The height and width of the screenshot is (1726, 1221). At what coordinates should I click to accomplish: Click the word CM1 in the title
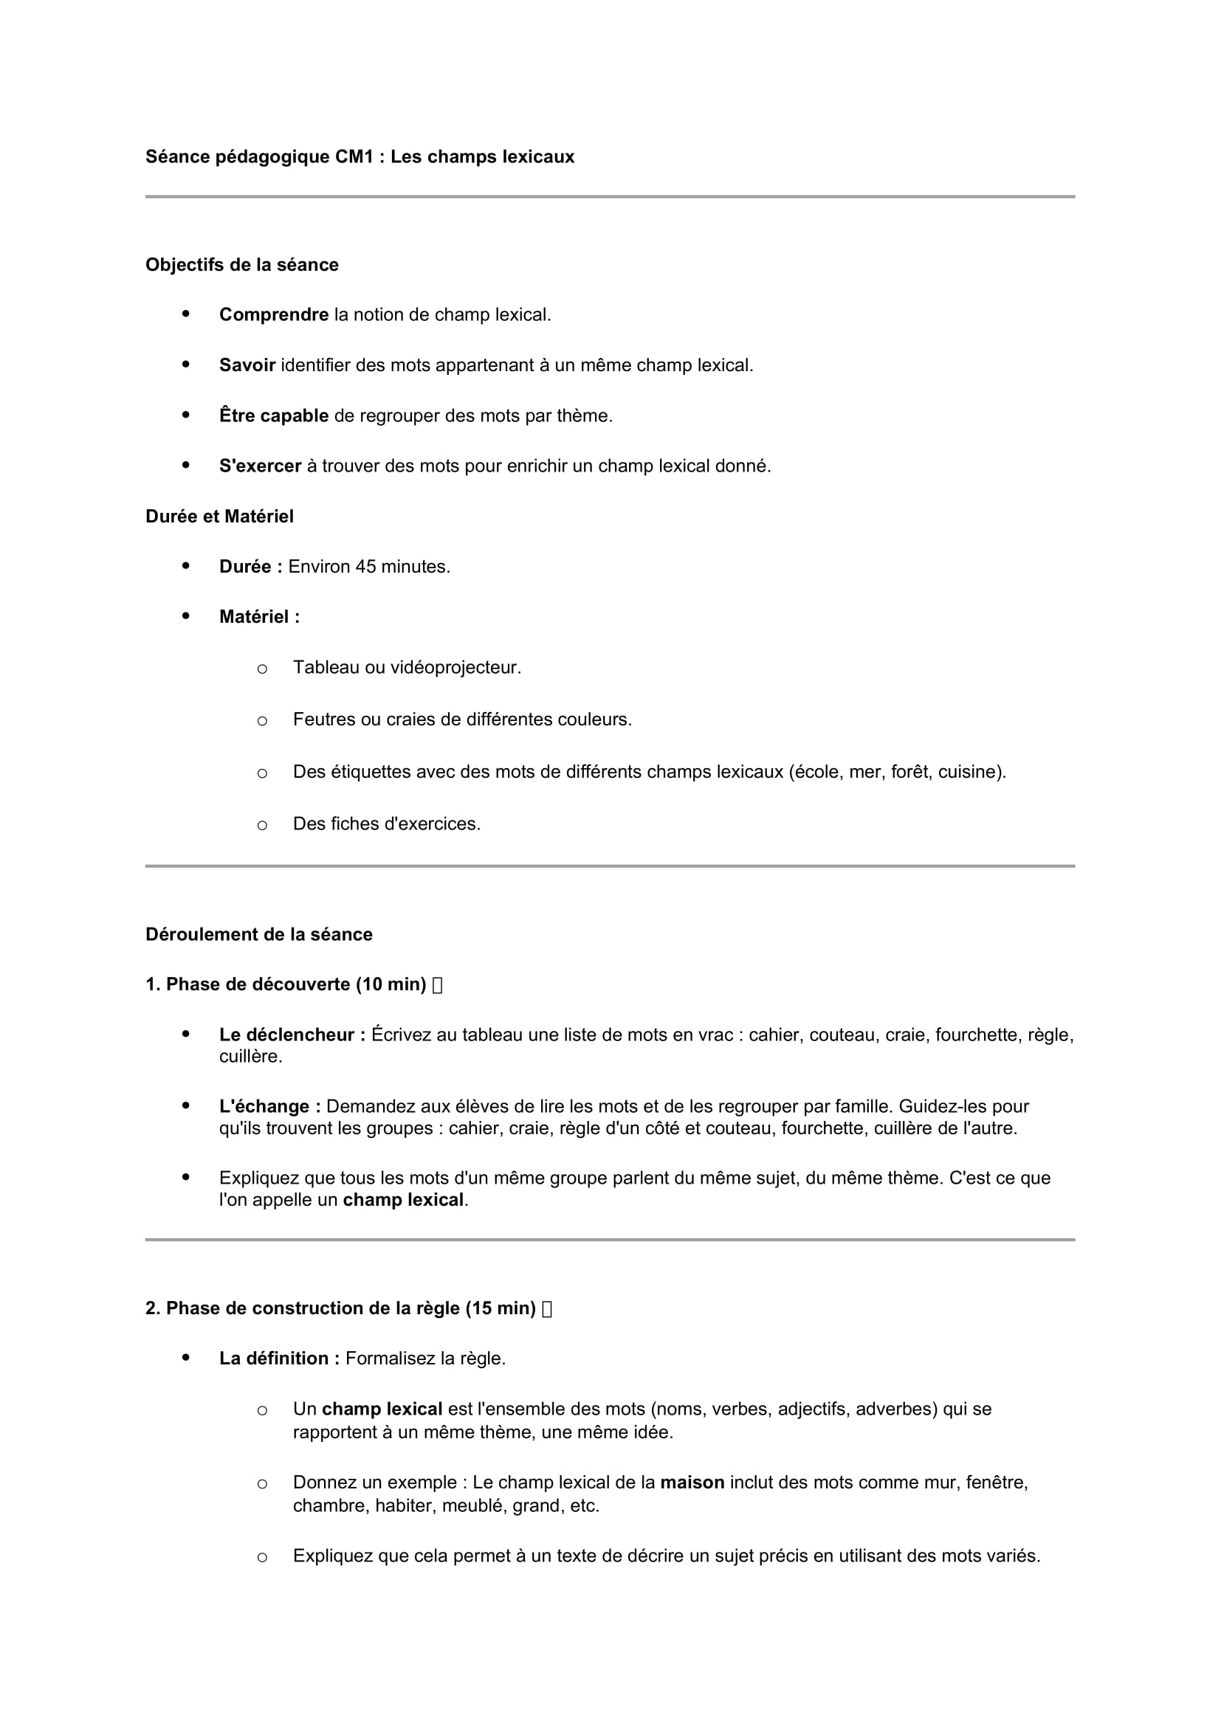(x=354, y=157)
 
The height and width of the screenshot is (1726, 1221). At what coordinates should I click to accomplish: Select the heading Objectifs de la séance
(x=242, y=265)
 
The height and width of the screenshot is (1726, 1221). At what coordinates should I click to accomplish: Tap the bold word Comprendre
(x=274, y=315)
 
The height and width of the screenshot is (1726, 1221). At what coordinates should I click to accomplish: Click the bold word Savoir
(x=247, y=365)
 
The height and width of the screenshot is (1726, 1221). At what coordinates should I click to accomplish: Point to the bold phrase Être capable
(x=274, y=415)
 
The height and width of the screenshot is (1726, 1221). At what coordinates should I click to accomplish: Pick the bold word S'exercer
(x=260, y=466)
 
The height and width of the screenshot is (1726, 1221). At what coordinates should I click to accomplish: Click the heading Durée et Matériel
(x=219, y=517)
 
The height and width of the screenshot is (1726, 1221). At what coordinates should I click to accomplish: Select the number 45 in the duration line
(x=365, y=567)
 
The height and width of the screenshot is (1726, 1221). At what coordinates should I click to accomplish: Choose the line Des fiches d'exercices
(x=386, y=824)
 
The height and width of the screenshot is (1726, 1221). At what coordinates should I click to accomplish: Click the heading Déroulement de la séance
(x=258, y=934)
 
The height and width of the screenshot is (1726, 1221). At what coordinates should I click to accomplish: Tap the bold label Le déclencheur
(x=292, y=1035)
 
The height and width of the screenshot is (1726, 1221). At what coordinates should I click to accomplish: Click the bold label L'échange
(x=270, y=1107)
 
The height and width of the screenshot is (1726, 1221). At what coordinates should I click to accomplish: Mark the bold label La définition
(x=279, y=1359)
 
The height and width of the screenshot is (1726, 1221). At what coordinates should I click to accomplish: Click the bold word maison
(x=692, y=1482)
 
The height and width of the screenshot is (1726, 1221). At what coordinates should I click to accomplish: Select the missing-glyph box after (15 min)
(x=546, y=1309)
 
